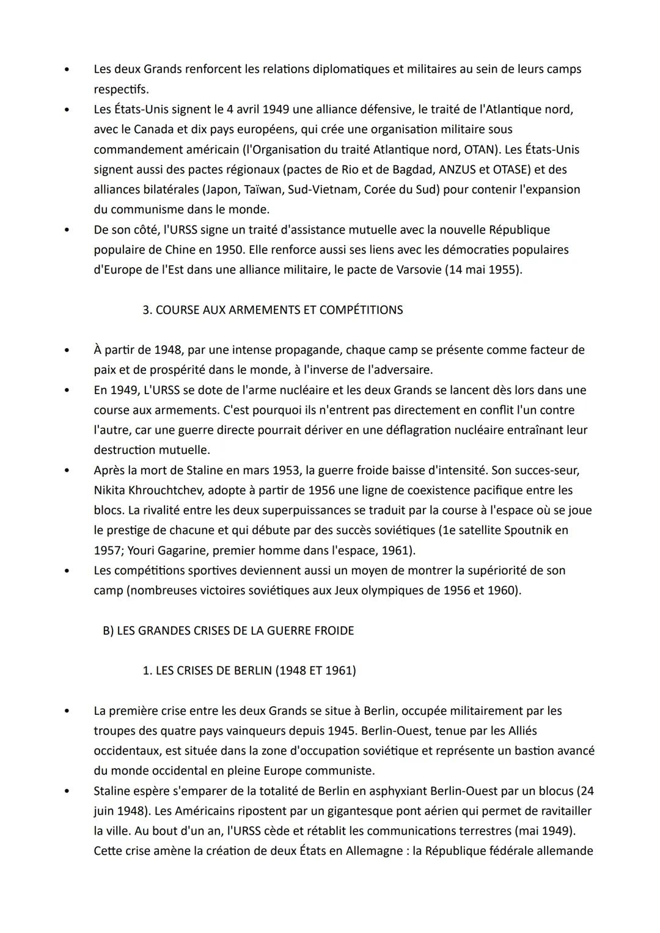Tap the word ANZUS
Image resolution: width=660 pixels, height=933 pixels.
[458, 170]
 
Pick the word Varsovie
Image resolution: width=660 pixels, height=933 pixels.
[412, 269]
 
